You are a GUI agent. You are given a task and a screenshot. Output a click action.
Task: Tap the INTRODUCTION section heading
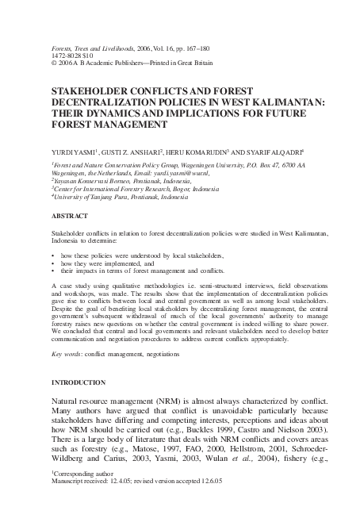point(79,382)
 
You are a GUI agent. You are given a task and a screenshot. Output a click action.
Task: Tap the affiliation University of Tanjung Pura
point(98,195)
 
